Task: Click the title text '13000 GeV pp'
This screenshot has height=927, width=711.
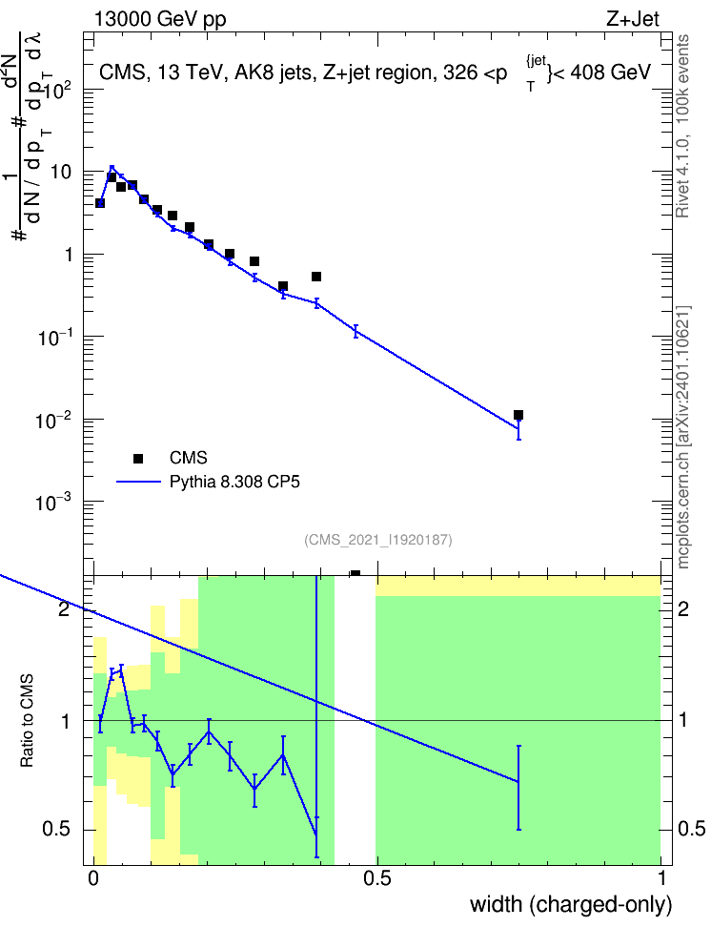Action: (x=160, y=19)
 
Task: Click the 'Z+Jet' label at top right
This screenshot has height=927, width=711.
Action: (x=632, y=19)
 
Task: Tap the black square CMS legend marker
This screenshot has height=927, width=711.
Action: (x=138, y=458)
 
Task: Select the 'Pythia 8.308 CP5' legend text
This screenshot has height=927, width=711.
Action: (x=234, y=483)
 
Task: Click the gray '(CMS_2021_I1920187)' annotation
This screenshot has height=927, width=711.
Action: (x=378, y=540)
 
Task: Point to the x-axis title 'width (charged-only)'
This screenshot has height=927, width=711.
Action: (x=571, y=904)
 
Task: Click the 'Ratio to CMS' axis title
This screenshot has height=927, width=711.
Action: (x=27, y=721)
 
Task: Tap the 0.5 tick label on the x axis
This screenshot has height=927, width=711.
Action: (x=377, y=878)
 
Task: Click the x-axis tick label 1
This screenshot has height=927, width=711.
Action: (x=660, y=878)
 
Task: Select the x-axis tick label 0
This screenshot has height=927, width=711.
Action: (x=93, y=878)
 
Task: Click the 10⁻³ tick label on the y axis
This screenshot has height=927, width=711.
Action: (x=53, y=503)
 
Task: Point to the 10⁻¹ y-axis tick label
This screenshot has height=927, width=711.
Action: (x=53, y=338)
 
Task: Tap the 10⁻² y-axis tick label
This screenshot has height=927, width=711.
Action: (x=53, y=421)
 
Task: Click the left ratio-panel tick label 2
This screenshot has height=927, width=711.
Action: (x=64, y=608)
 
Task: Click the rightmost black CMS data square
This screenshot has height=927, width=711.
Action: (x=518, y=415)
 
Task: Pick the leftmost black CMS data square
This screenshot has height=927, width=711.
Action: (x=100, y=203)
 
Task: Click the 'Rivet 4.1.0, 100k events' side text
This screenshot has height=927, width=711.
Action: (x=682, y=126)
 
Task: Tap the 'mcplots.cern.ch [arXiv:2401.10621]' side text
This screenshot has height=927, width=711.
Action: (x=682, y=438)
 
